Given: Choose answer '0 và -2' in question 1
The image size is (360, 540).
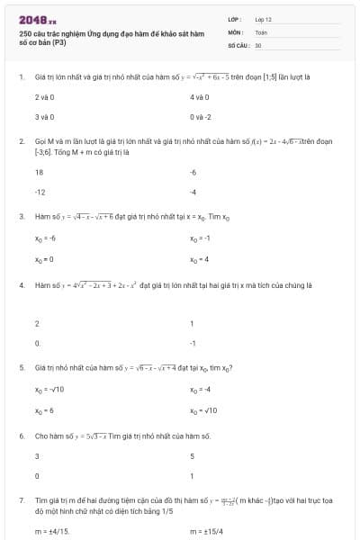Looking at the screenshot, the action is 200,117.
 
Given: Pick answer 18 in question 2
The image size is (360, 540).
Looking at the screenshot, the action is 40,171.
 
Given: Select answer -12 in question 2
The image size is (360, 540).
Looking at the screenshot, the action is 40,192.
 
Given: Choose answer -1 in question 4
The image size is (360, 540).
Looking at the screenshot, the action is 193,343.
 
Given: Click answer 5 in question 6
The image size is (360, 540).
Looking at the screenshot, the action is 193,455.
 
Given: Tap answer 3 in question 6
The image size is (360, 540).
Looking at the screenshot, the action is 37,455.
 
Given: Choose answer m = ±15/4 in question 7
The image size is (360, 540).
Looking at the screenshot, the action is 206,532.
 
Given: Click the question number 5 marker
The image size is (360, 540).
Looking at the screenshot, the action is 21,368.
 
